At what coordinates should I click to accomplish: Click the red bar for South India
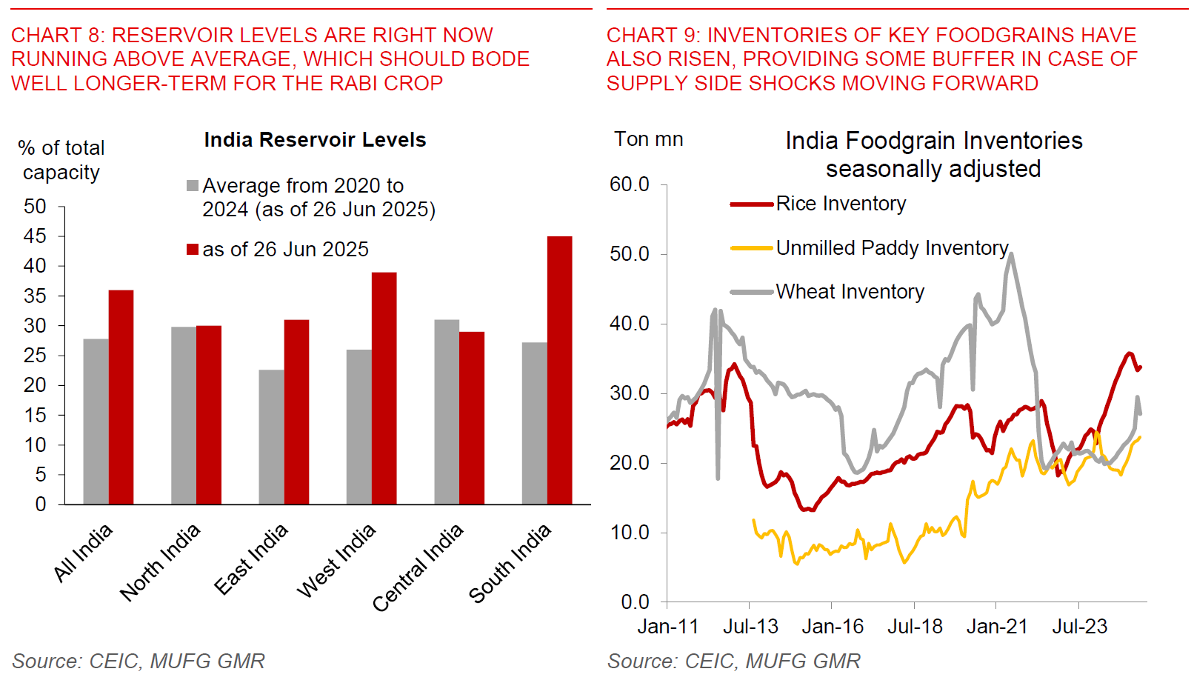tap(559, 370)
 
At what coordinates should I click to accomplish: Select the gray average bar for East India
tap(271, 437)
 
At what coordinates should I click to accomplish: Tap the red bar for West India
tap(384, 388)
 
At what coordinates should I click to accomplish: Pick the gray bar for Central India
tap(447, 412)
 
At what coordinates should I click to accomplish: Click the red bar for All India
tap(121, 397)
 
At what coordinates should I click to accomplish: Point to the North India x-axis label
tap(160, 562)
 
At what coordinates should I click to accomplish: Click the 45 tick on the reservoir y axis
tap(35, 236)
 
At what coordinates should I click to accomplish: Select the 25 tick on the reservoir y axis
tap(35, 356)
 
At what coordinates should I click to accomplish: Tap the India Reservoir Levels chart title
tap(315, 140)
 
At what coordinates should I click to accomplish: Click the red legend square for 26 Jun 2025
tap(193, 250)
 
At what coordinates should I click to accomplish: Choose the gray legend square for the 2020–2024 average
tap(193, 186)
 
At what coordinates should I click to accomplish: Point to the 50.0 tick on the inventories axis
tap(630, 254)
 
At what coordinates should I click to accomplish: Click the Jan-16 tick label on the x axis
tap(833, 627)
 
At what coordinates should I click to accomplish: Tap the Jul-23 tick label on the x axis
tap(1079, 627)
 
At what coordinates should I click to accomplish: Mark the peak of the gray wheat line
tap(1012, 254)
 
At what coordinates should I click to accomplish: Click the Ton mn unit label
tap(648, 139)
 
